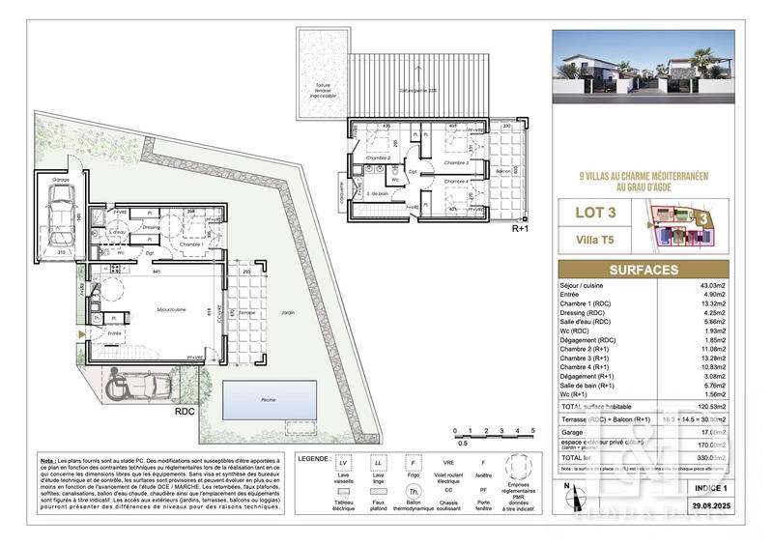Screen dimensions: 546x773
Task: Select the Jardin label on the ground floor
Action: click(x=287, y=314)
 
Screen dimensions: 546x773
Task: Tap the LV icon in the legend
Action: click(x=342, y=462)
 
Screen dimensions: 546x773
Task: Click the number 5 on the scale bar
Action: click(x=532, y=428)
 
